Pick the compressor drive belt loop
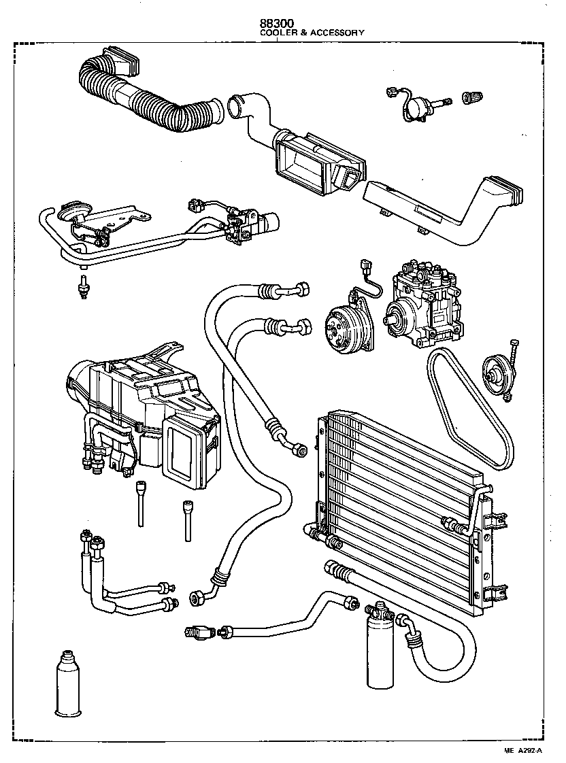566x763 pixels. click(x=469, y=408)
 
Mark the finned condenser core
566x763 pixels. click(x=401, y=503)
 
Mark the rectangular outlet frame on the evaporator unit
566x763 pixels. click(x=185, y=452)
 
